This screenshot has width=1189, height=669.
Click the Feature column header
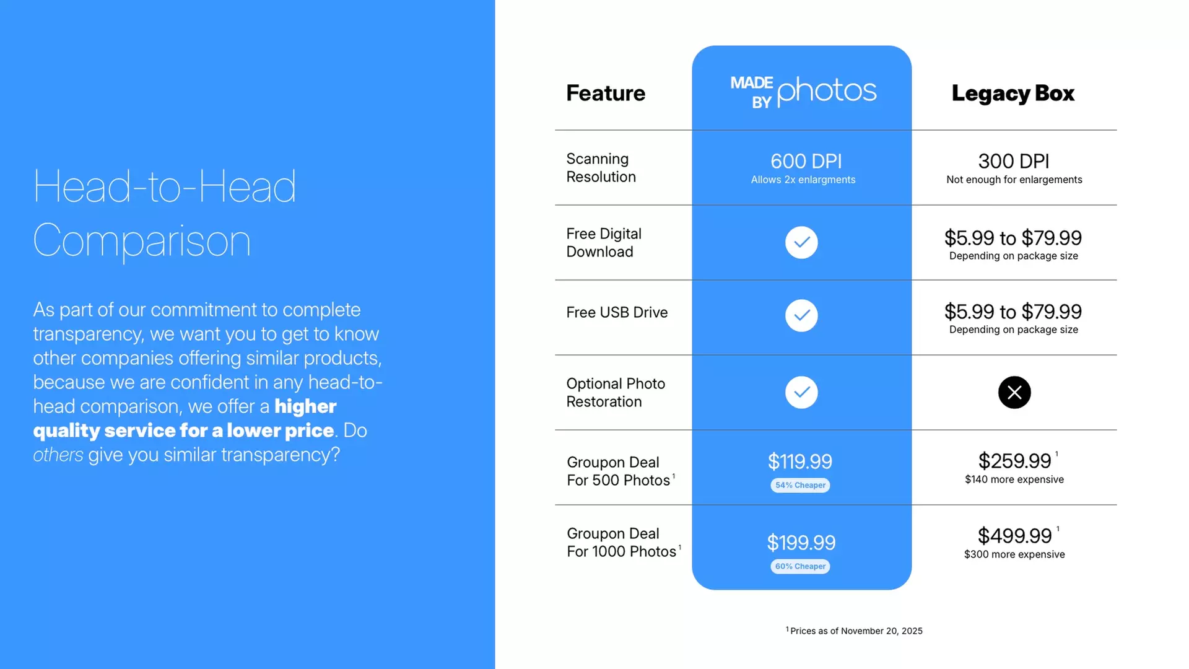pyautogui.click(x=606, y=93)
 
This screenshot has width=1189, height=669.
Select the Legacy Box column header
pyautogui.click(x=1013, y=93)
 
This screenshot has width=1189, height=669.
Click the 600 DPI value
pyautogui.click(x=806, y=161)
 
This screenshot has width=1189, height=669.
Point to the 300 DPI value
pyautogui.click(x=1014, y=161)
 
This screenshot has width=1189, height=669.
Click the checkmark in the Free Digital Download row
pyautogui.click(x=801, y=242)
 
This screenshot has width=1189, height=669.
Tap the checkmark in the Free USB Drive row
pyautogui.click(x=801, y=315)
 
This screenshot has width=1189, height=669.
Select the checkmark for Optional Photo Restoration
pyautogui.click(x=801, y=392)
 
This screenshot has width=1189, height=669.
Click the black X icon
pyautogui.click(x=1014, y=392)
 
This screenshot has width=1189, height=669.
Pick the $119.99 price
pyautogui.click(x=800, y=461)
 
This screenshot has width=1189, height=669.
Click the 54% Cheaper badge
pyautogui.click(x=800, y=485)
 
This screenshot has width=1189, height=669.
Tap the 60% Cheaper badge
pyautogui.click(x=800, y=566)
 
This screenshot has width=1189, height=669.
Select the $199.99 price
pyautogui.click(x=801, y=543)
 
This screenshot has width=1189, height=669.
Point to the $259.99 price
pyautogui.click(x=1015, y=461)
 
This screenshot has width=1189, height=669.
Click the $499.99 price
pyautogui.click(x=1015, y=536)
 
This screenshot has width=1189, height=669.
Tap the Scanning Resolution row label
pyautogui.click(x=601, y=168)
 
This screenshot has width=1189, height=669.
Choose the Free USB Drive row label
pyautogui.click(x=617, y=312)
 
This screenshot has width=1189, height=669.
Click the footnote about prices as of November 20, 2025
pyautogui.click(x=854, y=631)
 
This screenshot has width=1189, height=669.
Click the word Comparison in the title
pyautogui.click(x=142, y=241)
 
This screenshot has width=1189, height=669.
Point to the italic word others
pyautogui.click(x=58, y=455)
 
